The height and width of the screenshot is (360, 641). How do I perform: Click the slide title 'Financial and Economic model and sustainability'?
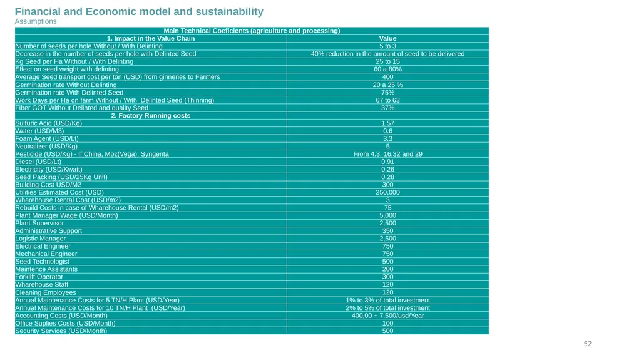coord(139,11)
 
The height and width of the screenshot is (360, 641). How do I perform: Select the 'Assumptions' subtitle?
coord(36,21)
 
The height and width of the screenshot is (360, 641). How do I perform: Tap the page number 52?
coord(587,344)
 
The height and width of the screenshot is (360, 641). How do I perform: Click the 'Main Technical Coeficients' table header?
coord(252,31)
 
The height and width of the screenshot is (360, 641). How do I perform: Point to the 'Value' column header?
coord(387,38)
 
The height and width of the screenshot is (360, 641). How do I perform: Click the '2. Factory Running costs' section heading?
coord(151,115)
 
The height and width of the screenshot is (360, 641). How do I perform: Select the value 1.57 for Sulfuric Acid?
coord(387,123)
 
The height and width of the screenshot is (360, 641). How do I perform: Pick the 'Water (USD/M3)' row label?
coord(39,131)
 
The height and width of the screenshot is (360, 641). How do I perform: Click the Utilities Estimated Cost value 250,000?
coord(387,192)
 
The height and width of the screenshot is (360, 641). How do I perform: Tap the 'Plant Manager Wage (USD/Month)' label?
coord(66,215)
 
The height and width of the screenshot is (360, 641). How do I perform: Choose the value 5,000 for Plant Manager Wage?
coord(387,215)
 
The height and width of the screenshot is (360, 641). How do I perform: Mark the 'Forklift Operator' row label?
coord(39,277)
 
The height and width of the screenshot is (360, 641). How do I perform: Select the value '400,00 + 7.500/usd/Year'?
coord(387,316)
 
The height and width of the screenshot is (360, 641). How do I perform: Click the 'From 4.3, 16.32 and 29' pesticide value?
coord(387,154)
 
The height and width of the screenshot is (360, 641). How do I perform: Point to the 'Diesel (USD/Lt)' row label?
coord(38,162)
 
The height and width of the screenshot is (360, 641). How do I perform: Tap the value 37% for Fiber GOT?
coord(387,108)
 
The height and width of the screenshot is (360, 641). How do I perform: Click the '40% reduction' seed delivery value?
coord(387,54)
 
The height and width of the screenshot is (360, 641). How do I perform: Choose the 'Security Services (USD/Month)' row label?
coord(61,331)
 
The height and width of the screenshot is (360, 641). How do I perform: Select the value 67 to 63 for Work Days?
coord(387,100)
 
